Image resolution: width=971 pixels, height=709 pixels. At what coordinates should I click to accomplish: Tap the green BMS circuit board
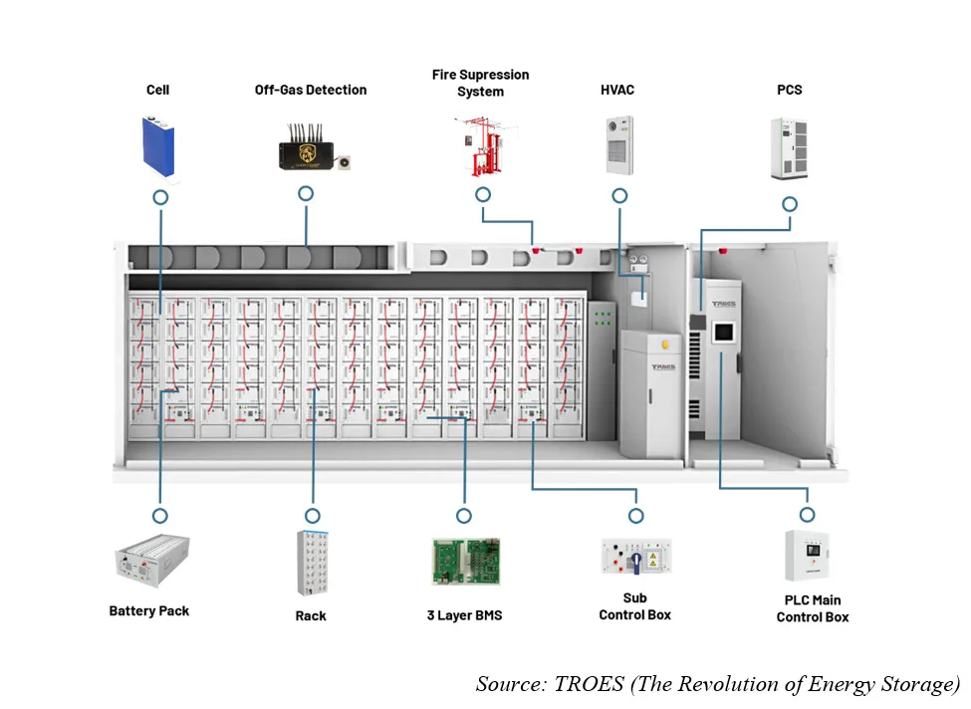465,562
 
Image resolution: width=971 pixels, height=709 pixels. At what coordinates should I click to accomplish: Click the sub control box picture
636,557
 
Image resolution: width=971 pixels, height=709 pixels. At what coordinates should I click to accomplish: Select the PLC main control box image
808,556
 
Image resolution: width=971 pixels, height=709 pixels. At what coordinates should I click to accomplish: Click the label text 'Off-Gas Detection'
311,90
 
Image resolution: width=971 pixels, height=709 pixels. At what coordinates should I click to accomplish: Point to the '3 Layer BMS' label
464,615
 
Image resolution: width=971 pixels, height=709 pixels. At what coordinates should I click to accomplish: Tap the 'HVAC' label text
617,90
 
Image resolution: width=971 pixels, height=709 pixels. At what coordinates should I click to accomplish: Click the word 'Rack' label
311,615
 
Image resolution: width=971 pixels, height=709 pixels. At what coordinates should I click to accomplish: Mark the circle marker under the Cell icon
159,197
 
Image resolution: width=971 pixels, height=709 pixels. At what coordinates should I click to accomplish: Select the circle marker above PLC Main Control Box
807,515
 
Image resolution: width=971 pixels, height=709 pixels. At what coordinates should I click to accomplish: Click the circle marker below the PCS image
790,204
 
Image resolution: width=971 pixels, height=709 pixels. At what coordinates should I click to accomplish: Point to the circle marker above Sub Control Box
636,516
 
